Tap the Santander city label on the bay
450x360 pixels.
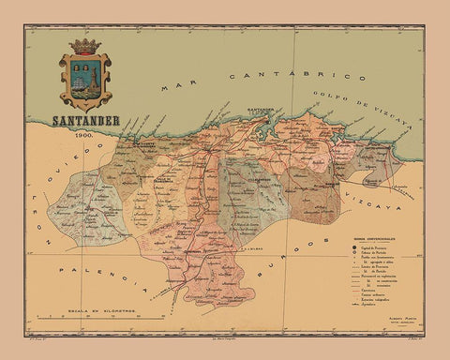point(263,113)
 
